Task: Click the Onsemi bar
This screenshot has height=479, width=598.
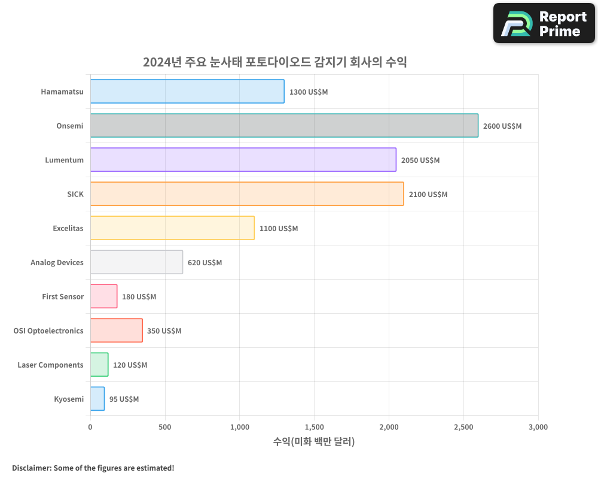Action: point(284,126)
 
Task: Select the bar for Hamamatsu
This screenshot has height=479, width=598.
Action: point(187,92)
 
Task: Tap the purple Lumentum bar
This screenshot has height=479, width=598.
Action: point(243,160)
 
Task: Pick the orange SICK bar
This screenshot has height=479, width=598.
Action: point(247,194)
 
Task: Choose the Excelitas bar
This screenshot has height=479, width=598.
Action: point(172,228)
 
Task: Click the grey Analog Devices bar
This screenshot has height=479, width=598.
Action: point(136,262)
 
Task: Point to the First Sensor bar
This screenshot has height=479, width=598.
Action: point(103,296)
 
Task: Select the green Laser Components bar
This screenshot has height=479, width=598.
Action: point(99,365)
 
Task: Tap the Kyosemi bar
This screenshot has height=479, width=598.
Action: point(97,399)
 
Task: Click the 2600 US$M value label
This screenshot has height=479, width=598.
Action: point(502,126)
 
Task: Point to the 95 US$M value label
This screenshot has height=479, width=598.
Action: point(124,399)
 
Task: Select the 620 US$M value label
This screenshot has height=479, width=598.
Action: point(205,263)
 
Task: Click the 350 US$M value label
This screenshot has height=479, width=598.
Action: point(164,331)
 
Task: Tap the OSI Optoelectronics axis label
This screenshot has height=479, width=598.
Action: point(48,331)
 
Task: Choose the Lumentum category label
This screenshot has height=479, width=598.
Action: point(64,160)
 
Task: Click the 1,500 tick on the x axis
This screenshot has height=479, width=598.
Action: point(314,428)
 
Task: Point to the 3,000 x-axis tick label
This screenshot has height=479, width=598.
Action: point(538,428)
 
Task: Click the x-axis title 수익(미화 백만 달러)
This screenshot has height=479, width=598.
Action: point(314,442)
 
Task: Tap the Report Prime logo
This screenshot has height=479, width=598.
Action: point(544,23)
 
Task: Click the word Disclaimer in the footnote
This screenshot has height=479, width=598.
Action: point(30,468)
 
